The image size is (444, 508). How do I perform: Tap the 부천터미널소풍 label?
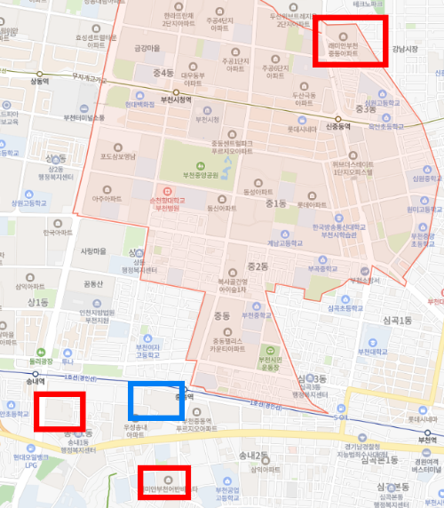[84, 117]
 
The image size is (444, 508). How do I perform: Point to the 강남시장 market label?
[416, 48]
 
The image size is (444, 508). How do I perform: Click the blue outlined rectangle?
[157, 401]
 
